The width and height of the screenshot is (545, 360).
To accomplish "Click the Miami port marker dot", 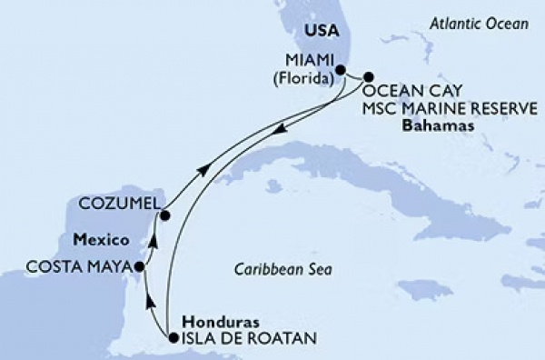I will click(x=341, y=69).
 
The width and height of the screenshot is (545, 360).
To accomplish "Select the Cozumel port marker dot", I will click(x=165, y=215).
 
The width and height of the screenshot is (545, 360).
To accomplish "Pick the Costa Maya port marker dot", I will click(x=139, y=267).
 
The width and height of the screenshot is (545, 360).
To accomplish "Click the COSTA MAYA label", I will click(x=69, y=266).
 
